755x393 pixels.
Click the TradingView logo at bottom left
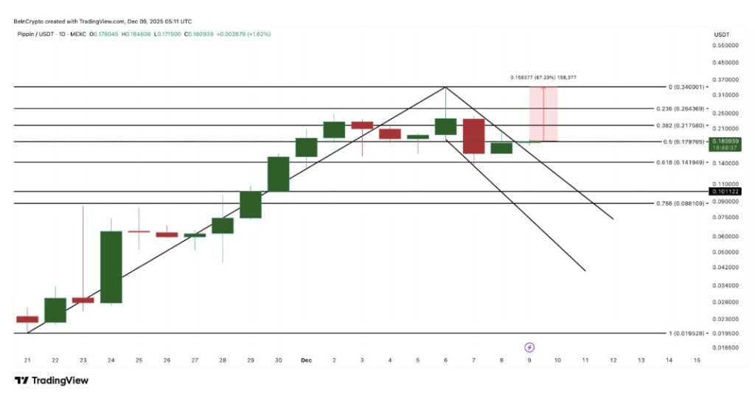[52, 380]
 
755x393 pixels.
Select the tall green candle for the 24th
[111, 267]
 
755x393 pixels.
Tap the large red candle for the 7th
[473, 136]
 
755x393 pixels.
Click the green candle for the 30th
[278, 174]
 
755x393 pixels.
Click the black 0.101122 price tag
[725, 192]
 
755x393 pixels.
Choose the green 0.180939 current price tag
[725, 140]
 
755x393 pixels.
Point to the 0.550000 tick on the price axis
[725, 46]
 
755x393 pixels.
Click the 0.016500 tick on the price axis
[725, 346]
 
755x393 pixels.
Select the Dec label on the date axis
[307, 360]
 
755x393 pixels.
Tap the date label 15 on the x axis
[697, 360]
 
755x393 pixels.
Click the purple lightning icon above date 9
[529, 347]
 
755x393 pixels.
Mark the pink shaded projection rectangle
[543, 114]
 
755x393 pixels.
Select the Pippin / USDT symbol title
[37, 34]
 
